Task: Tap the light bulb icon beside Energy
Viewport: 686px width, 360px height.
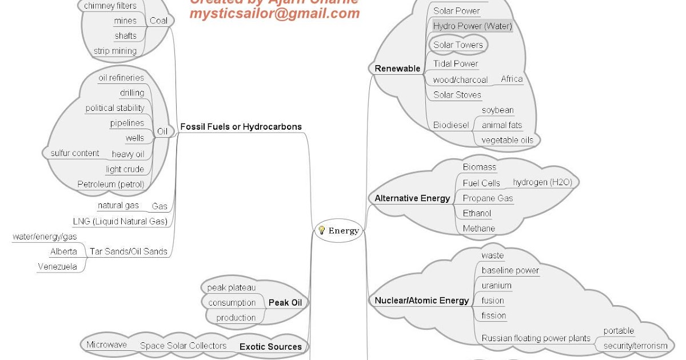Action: coord(322,230)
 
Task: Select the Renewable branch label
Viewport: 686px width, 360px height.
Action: coord(397,69)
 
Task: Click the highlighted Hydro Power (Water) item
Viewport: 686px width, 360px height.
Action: coord(472,26)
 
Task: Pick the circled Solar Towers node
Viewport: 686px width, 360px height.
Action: coord(458,45)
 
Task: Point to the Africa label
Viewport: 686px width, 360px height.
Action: coord(512,79)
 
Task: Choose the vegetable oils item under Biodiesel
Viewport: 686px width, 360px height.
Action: coord(507,140)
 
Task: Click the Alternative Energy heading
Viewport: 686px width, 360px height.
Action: coord(412,198)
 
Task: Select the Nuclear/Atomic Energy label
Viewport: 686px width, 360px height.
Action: coord(422,301)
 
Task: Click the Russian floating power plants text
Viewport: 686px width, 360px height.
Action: coord(536,338)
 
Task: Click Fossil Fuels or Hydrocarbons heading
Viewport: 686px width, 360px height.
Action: coord(241,127)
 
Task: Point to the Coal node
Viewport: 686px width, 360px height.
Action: coord(158,21)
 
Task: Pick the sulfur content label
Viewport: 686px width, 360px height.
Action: coord(75,153)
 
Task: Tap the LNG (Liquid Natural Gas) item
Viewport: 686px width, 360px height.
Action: coord(120,221)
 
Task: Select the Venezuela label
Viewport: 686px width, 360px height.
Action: coord(57,266)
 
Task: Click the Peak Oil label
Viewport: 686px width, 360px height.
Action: coord(285,302)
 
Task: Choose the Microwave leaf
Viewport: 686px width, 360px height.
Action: coord(106,345)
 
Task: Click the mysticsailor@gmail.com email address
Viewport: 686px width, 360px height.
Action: coord(274,13)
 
